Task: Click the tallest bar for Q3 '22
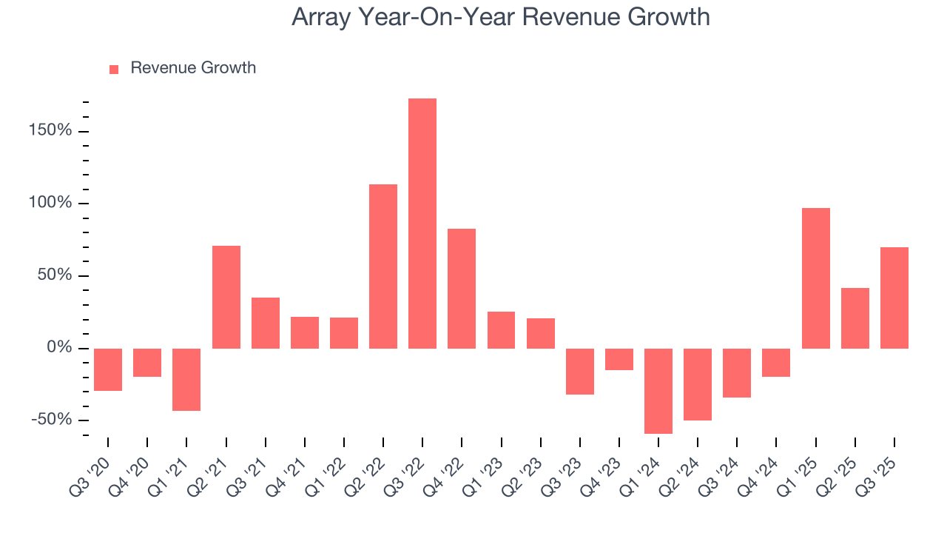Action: pyautogui.click(x=422, y=223)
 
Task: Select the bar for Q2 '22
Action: pyautogui.click(x=383, y=266)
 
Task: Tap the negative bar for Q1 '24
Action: pyautogui.click(x=658, y=391)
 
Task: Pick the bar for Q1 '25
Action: pyautogui.click(x=816, y=278)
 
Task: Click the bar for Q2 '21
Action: pyautogui.click(x=226, y=296)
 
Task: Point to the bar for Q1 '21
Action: pyautogui.click(x=186, y=379)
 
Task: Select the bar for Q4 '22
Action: pyautogui.click(x=462, y=288)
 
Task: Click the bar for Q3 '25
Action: pyautogui.click(x=894, y=298)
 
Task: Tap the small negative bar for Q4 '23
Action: pyautogui.click(x=619, y=359)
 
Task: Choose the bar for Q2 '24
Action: pyautogui.click(x=698, y=384)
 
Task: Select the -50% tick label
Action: pyautogui.click(x=51, y=420)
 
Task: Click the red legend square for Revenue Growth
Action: pyautogui.click(x=114, y=70)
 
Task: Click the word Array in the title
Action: pyautogui.click(x=322, y=16)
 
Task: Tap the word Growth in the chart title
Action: pyautogui.click(x=668, y=16)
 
